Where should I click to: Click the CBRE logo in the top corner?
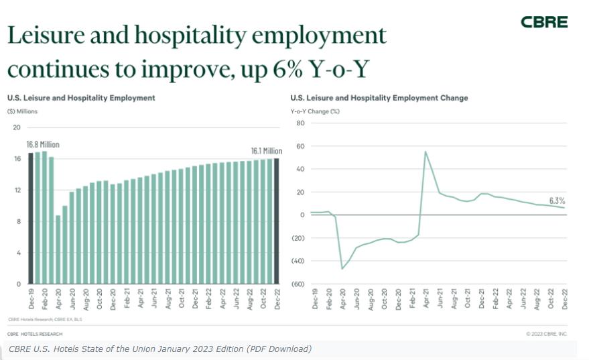tap(544, 22)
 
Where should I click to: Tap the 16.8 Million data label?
tap(43, 145)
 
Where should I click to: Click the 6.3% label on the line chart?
tap(557, 200)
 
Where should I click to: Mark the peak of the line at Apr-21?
tap(426, 152)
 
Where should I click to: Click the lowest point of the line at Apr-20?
tap(342, 269)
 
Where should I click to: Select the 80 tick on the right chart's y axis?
tap(300, 123)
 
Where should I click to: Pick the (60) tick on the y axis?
tap(298, 284)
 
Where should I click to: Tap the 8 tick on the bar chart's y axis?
tap(19, 221)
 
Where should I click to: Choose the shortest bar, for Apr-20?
tap(58, 249)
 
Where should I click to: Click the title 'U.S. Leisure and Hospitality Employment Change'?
tap(379, 98)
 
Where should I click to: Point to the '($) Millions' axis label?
tap(22, 111)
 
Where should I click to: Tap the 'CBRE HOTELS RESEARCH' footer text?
tap(35, 333)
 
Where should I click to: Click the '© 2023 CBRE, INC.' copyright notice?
tap(547, 333)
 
